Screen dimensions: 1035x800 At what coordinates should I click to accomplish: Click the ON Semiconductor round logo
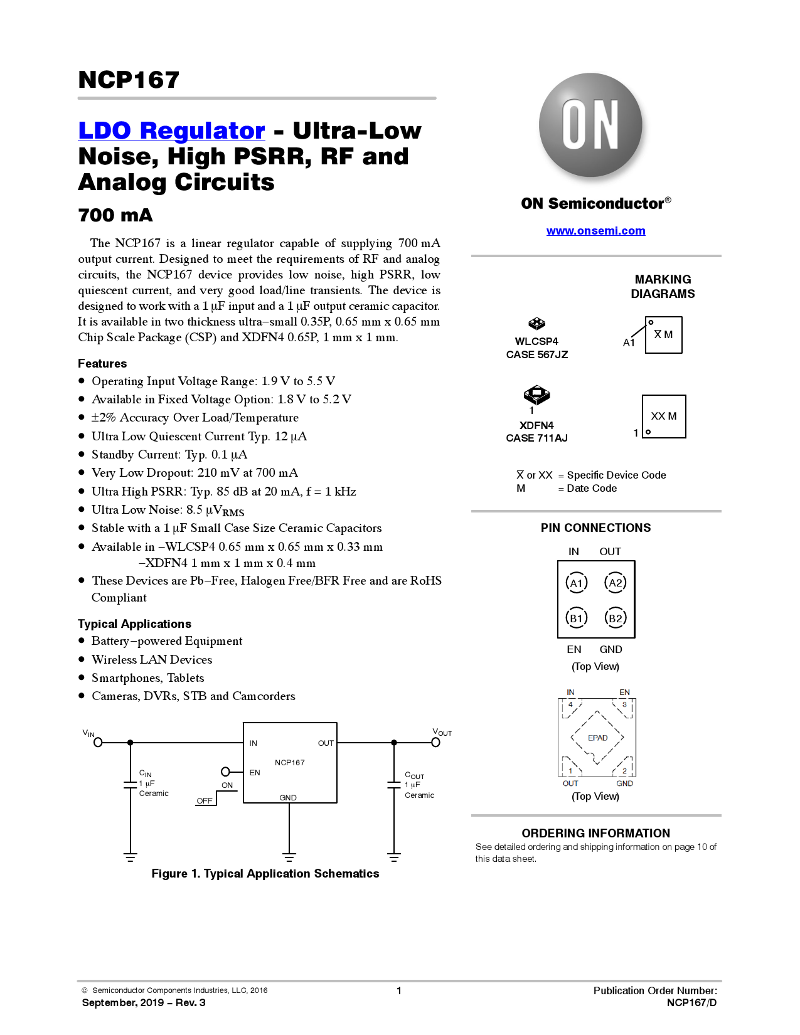click(x=590, y=125)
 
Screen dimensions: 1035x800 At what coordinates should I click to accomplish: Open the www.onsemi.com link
click(x=595, y=231)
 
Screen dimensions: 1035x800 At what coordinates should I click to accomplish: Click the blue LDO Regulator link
click(x=171, y=130)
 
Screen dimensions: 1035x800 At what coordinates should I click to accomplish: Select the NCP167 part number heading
click(x=129, y=80)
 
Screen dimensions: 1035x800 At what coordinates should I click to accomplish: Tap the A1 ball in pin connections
click(x=576, y=583)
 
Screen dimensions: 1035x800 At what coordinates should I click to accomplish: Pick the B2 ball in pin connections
click(x=616, y=618)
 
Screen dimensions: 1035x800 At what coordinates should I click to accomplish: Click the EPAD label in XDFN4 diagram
click(x=597, y=738)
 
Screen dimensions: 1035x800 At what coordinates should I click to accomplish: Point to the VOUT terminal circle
click(x=435, y=742)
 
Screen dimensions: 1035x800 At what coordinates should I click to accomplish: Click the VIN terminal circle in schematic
click(x=98, y=742)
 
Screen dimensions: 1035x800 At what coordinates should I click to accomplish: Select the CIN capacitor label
click(x=146, y=773)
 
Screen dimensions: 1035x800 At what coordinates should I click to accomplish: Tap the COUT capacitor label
click(x=414, y=775)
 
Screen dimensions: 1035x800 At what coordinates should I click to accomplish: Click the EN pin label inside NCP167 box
click(x=255, y=772)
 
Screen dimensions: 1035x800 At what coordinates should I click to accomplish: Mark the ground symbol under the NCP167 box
click(x=289, y=856)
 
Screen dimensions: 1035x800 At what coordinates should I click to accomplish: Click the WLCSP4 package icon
click(x=536, y=324)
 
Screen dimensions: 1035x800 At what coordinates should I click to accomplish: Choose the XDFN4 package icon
click(x=536, y=395)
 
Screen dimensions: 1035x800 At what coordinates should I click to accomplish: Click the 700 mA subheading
click(x=115, y=215)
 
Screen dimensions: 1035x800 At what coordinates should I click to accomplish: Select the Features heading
click(x=102, y=364)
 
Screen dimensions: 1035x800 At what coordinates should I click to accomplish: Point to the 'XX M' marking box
click(x=664, y=417)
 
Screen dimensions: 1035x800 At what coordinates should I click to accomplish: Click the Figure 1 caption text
click(x=265, y=874)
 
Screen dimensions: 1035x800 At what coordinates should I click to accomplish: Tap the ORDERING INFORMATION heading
click(x=595, y=833)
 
